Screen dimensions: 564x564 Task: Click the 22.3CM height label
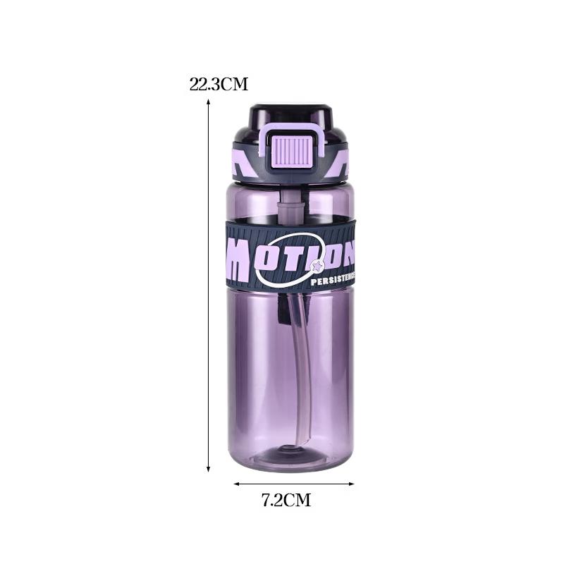[219, 85]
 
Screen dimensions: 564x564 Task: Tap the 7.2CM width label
[286, 501]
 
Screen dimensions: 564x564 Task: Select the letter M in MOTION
[239, 258]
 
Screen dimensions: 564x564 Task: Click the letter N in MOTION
[346, 252]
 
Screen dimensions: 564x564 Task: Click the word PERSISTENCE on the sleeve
[332, 280]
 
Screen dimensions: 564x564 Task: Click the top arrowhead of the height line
[209, 103]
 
